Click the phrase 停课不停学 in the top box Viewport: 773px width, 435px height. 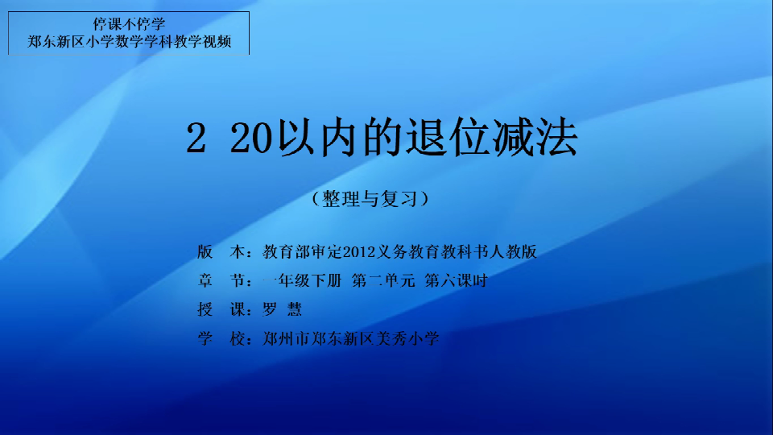(129, 23)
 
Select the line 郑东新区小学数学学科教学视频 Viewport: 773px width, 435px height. (129, 41)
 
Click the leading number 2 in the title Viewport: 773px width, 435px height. (196, 139)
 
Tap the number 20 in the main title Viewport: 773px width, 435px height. (251, 139)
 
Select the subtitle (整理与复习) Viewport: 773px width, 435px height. (370, 199)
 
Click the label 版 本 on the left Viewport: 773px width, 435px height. (221, 252)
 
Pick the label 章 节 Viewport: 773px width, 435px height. (221, 280)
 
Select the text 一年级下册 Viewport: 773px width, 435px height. (302, 280)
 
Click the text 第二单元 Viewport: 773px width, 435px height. (383, 280)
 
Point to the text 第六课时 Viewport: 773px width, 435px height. (456, 280)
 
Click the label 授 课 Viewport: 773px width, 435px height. (221, 309)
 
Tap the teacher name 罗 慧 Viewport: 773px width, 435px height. (282, 309)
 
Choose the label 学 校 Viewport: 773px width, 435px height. (221, 338)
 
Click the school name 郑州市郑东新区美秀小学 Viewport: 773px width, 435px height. (350, 338)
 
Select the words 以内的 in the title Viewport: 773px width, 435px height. (342, 138)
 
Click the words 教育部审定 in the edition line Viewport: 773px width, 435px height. (302, 252)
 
